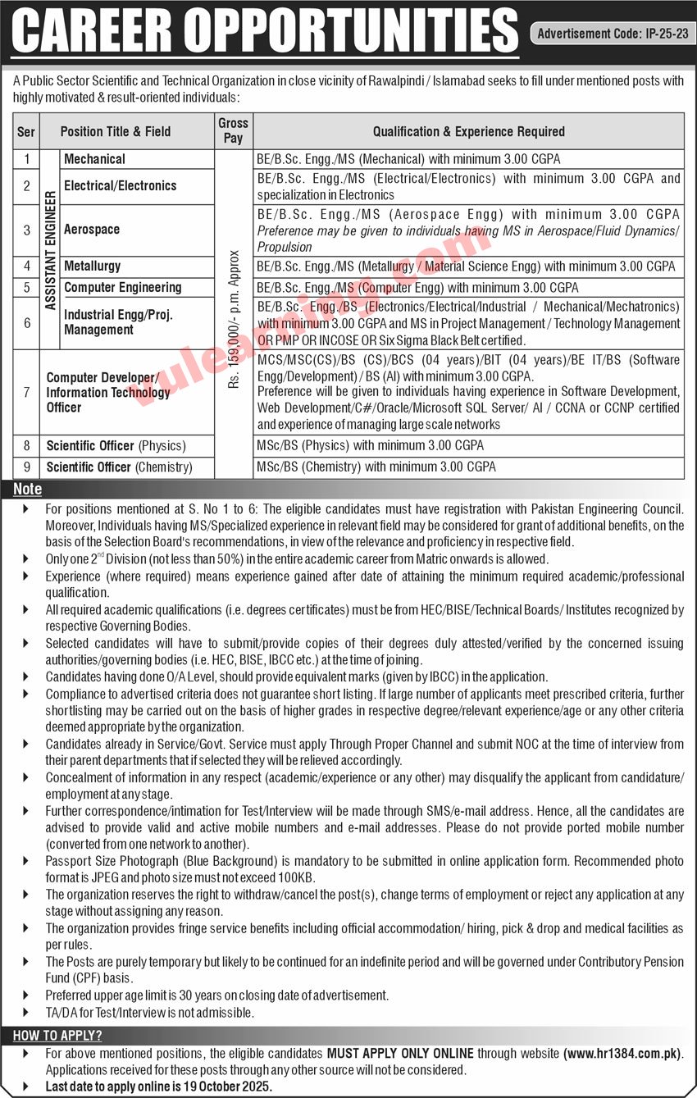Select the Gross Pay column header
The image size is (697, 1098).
click(233, 130)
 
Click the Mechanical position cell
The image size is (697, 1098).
click(94, 159)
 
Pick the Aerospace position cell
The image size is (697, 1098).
click(92, 230)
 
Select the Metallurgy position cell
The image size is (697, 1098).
click(92, 266)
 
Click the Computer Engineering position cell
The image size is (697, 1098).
click(123, 287)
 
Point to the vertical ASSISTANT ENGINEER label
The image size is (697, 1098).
click(50, 249)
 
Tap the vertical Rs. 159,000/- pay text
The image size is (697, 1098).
click(234, 320)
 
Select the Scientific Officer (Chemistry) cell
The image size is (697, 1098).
click(120, 467)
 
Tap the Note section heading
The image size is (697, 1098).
click(27, 490)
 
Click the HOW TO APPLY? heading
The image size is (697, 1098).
click(57, 1036)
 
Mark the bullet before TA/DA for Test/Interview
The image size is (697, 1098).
click(26, 1013)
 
